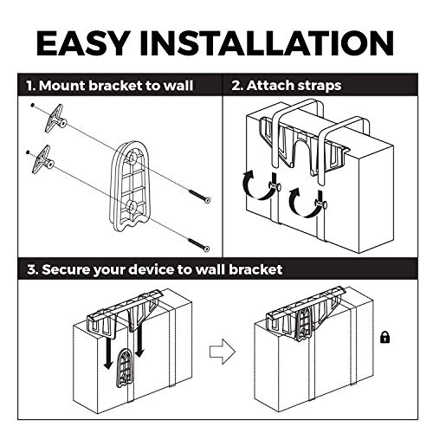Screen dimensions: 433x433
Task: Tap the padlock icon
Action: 385,336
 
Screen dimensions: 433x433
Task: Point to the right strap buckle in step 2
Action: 317,204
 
